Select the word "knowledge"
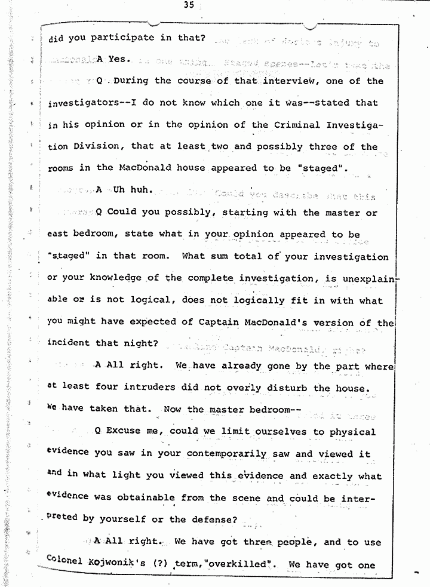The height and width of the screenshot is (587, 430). [115, 279]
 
